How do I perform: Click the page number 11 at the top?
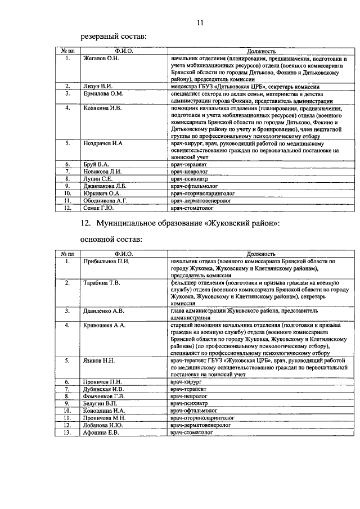[200, 22]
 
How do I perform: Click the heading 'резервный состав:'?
[114, 37]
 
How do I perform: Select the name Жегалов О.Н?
[101, 58]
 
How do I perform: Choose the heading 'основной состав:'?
[111, 240]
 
